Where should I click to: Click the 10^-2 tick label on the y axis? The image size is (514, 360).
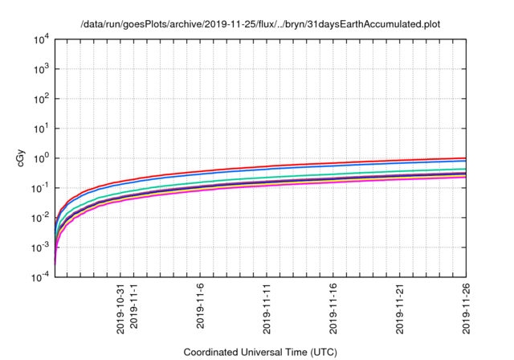click(x=40, y=217)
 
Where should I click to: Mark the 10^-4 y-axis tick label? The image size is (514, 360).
click(x=40, y=276)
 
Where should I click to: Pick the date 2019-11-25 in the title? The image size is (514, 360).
click(x=233, y=25)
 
